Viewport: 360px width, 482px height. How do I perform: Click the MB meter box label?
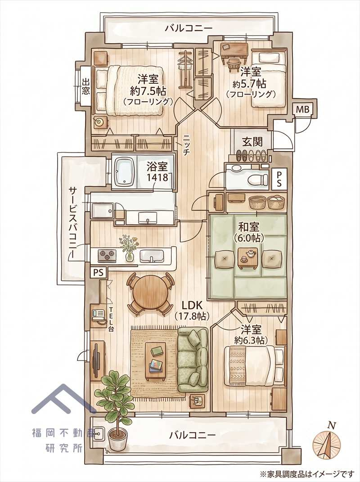304,109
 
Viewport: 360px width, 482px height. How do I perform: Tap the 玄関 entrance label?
252,142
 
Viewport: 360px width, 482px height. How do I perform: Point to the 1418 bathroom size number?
157,177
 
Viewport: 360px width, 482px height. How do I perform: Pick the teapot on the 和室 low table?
250,253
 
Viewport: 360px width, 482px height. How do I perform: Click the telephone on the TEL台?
99,315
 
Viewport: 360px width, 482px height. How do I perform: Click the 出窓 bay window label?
86,86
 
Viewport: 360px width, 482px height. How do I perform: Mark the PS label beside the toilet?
279,179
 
